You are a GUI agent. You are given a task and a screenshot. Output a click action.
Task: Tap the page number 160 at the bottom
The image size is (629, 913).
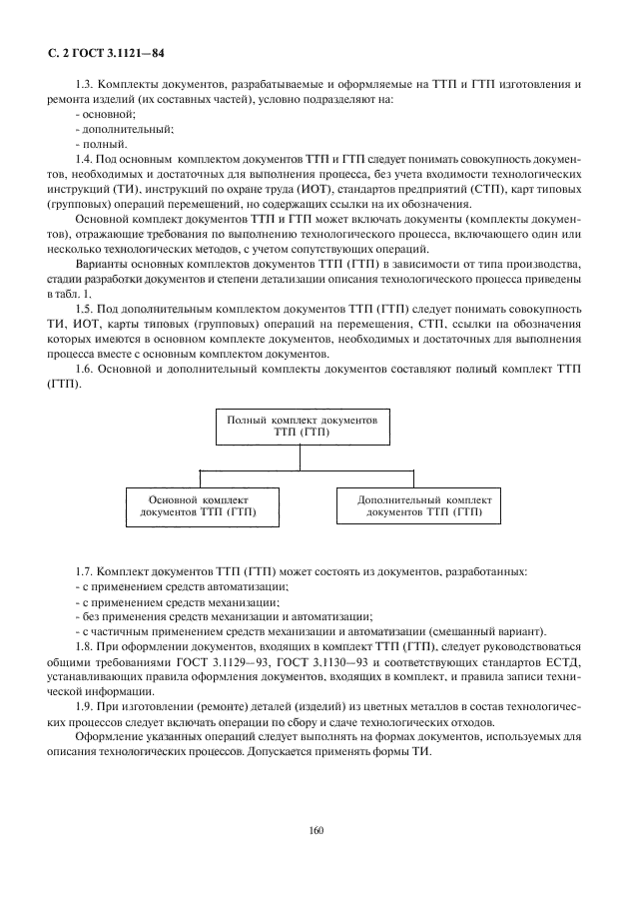coord(316,829)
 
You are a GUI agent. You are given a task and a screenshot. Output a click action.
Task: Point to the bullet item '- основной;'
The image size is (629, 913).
coord(99,116)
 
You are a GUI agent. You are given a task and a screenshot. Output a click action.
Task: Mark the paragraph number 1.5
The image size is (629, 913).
coord(85,311)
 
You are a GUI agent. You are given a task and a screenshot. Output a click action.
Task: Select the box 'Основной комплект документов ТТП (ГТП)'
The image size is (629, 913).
coord(198,504)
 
